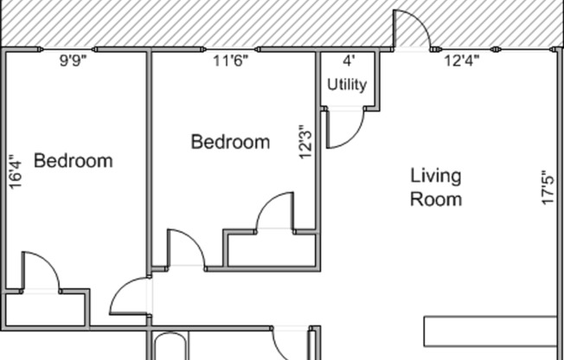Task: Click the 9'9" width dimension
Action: coord(74,61)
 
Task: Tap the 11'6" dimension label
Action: coord(231,61)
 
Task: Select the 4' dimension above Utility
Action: coord(349,61)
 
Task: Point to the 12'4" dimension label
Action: coord(462,61)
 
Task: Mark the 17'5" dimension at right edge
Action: coord(547,187)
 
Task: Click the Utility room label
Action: coord(347,85)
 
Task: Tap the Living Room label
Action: coord(435,187)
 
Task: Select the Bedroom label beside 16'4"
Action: coord(74,161)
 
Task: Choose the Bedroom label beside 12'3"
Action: coord(230,142)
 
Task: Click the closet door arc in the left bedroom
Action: coord(40,270)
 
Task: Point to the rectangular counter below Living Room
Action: coord(489,331)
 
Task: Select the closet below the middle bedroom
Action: coord(271,249)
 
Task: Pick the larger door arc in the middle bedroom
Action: coord(277,212)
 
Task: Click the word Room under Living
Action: coord(435,199)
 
